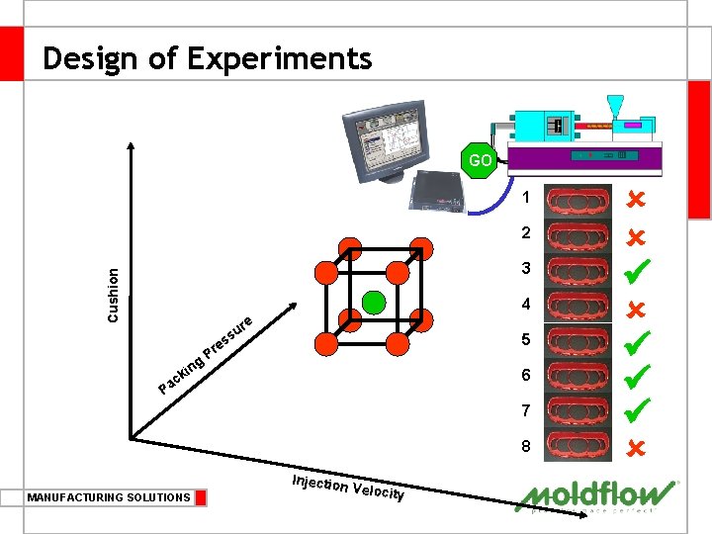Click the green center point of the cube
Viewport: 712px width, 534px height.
pyautogui.click(x=374, y=301)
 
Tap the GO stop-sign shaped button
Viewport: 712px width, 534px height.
pyautogui.click(x=480, y=160)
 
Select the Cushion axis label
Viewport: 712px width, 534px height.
pyautogui.click(x=114, y=295)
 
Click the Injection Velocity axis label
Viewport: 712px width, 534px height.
pyautogui.click(x=348, y=487)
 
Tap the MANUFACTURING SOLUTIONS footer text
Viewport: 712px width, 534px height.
pyautogui.click(x=109, y=497)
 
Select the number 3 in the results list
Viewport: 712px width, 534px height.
pyautogui.click(x=526, y=268)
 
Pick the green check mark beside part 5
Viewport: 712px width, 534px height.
pyautogui.click(x=635, y=340)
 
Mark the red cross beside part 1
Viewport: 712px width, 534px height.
pyautogui.click(x=635, y=199)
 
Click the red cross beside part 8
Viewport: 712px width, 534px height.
pyautogui.click(x=635, y=447)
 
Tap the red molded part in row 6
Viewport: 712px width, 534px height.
pyautogui.click(x=579, y=376)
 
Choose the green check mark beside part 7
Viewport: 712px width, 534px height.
pyautogui.click(x=635, y=407)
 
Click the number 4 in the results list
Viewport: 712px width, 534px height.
pyautogui.click(x=526, y=304)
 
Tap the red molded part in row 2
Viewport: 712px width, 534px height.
pyautogui.click(x=579, y=234)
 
